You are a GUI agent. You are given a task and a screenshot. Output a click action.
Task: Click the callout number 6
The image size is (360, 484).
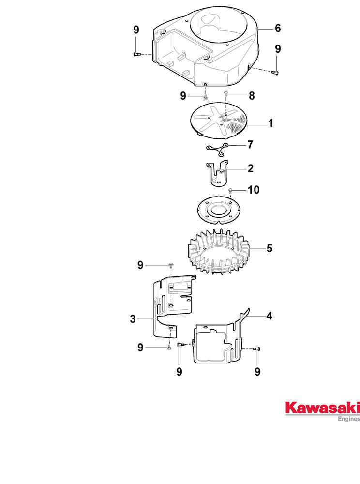pyautogui.click(x=278, y=29)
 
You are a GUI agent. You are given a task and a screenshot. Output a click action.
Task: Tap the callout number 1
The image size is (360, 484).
pyautogui.click(x=270, y=123)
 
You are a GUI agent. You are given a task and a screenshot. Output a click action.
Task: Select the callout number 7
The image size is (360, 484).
pyautogui.click(x=250, y=144)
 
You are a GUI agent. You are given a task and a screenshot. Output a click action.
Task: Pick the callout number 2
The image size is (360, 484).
pyautogui.click(x=250, y=168)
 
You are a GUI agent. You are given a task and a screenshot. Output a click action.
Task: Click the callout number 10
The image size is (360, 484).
pyautogui.click(x=254, y=190)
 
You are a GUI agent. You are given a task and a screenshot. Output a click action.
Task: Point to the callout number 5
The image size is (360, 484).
pyautogui.click(x=270, y=248)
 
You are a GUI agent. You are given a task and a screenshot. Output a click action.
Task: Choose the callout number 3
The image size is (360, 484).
pyautogui.click(x=133, y=319)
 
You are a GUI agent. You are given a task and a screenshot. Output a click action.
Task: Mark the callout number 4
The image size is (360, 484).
pyautogui.click(x=270, y=316)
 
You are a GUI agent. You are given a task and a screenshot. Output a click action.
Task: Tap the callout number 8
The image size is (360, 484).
pyautogui.click(x=252, y=96)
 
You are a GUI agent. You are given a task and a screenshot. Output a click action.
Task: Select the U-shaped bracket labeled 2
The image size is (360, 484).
pyautogui.click(x=218, y=173)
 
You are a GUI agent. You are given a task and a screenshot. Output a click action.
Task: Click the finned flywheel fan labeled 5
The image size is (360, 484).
pyautogui.click(x=219, y=252)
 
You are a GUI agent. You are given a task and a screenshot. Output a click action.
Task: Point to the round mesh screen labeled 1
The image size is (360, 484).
pyautogui.click(x=220, y=121)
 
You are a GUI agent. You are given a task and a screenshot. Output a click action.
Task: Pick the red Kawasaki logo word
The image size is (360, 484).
pyautogui.click(x=322, y=408)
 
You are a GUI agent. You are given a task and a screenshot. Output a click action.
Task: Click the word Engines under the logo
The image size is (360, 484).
pyautogui.click(x=349, y=419)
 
